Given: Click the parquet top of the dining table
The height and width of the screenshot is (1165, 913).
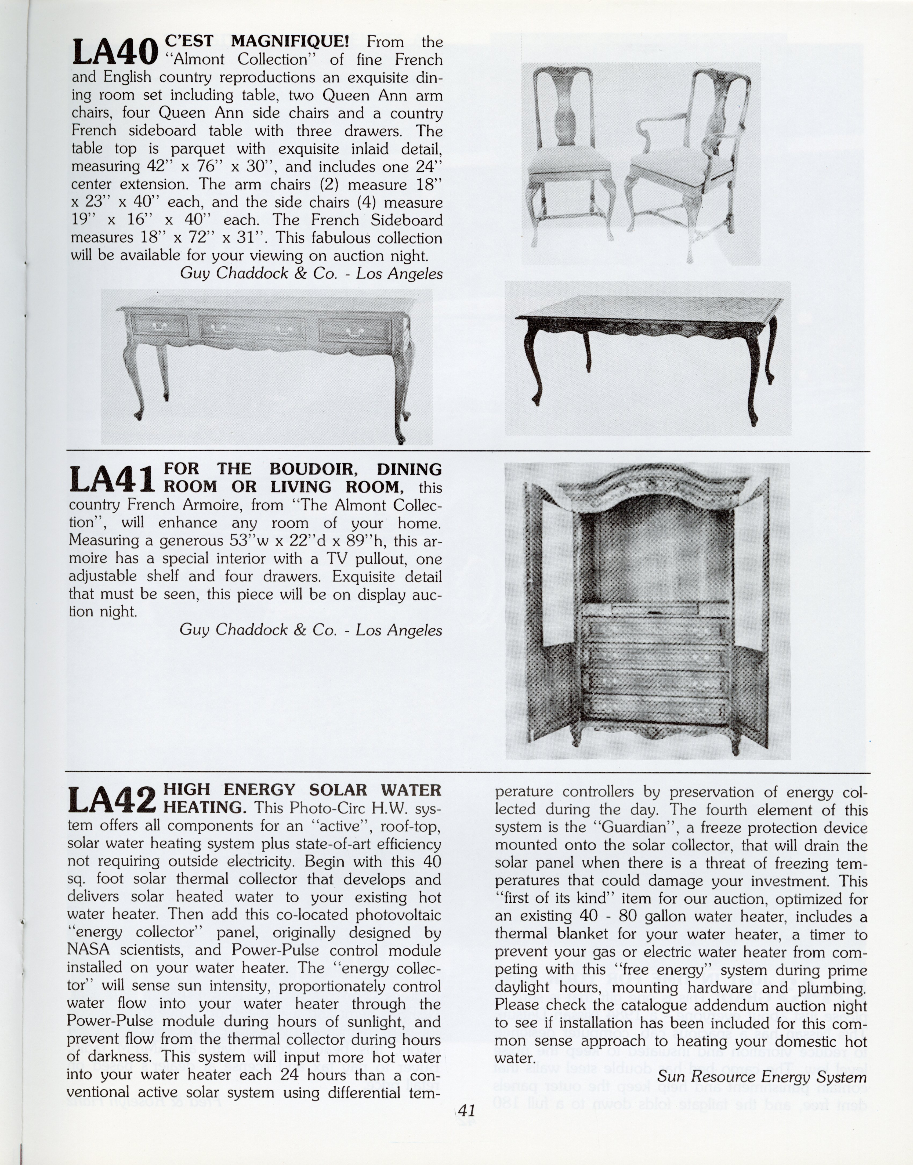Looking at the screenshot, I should tap(650, 309).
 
